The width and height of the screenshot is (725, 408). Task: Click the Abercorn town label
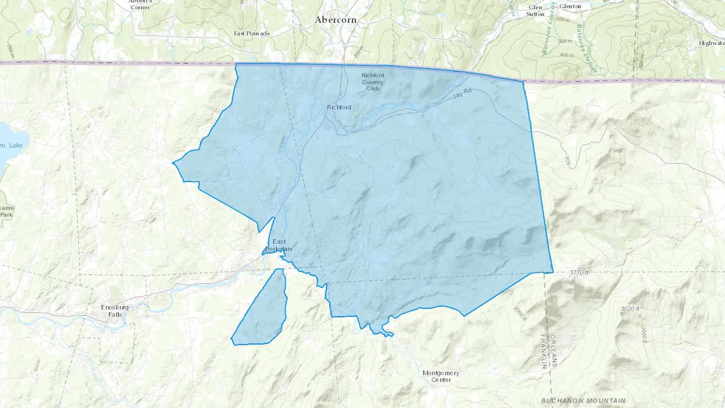coord(336,20)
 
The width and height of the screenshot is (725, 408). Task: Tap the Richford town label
coord(339,107)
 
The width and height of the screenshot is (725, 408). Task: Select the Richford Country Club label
coord(373,82)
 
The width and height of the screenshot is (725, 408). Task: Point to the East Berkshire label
coord(279,245)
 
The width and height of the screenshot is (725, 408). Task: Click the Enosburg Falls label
coord(115,311)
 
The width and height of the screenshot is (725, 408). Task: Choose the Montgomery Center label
coord(441,376)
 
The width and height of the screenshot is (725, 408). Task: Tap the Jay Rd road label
coord(462,93)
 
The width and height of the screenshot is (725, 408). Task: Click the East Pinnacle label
coord(252,33)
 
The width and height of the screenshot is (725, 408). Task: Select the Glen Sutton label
coord(535,11)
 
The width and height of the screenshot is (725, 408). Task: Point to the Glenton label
coord(570,6)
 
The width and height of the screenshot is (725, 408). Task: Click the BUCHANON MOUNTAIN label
coord(583,401)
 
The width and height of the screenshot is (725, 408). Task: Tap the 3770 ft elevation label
coord(579,273)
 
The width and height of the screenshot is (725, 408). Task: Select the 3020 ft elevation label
coord(630,309)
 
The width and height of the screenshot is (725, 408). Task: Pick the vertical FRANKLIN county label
coord(544,351)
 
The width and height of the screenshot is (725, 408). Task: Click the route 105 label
coord(568,162)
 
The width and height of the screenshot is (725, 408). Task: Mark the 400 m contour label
coord(567,55)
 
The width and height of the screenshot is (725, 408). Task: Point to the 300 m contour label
coord(565,41)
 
